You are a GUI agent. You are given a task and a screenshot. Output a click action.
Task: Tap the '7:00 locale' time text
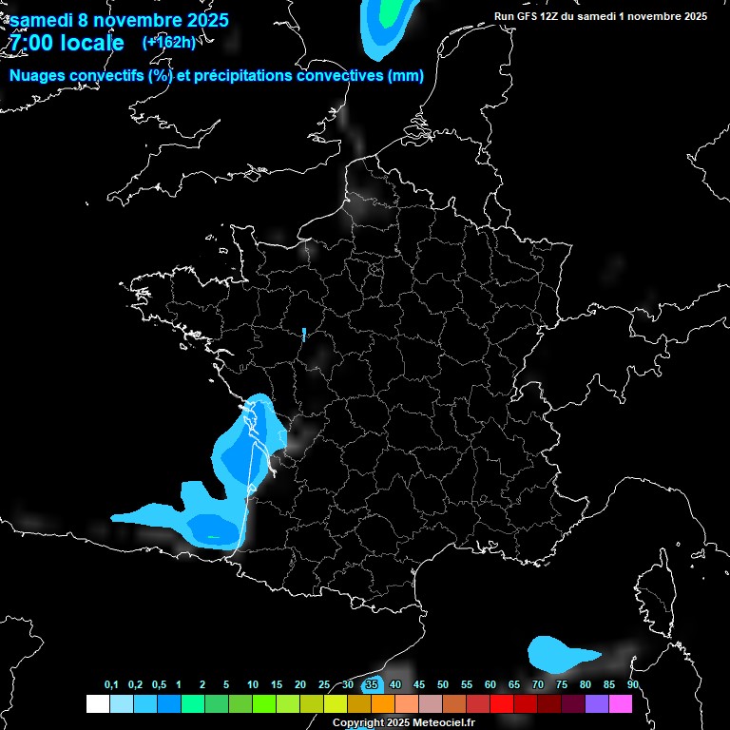click(67, 43)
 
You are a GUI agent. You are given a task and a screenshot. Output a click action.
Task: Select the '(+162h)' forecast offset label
click(168, 42)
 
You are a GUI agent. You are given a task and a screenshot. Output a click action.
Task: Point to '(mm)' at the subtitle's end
click(406, 76)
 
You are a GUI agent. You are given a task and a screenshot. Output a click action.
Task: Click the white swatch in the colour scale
click(97, 704)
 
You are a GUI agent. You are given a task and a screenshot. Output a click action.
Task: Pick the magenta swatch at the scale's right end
click(621, 704)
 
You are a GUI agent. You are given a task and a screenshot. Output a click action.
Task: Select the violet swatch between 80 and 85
click(597, 704)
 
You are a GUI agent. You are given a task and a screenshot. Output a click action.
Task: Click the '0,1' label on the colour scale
click(111, 685)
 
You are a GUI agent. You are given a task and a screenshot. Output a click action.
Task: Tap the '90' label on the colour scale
click(633, 685)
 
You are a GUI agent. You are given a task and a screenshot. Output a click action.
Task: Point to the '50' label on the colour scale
click(443, 685)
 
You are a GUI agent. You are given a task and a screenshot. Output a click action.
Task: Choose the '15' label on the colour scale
click(276, 685)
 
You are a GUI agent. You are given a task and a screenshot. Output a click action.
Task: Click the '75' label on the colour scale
click(562, 685)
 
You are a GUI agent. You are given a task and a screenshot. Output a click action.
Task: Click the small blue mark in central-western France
click(304, 334)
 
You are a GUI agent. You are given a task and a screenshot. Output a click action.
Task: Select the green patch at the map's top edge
click(390, 11)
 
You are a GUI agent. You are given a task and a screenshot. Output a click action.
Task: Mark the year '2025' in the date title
click(202, 20)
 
